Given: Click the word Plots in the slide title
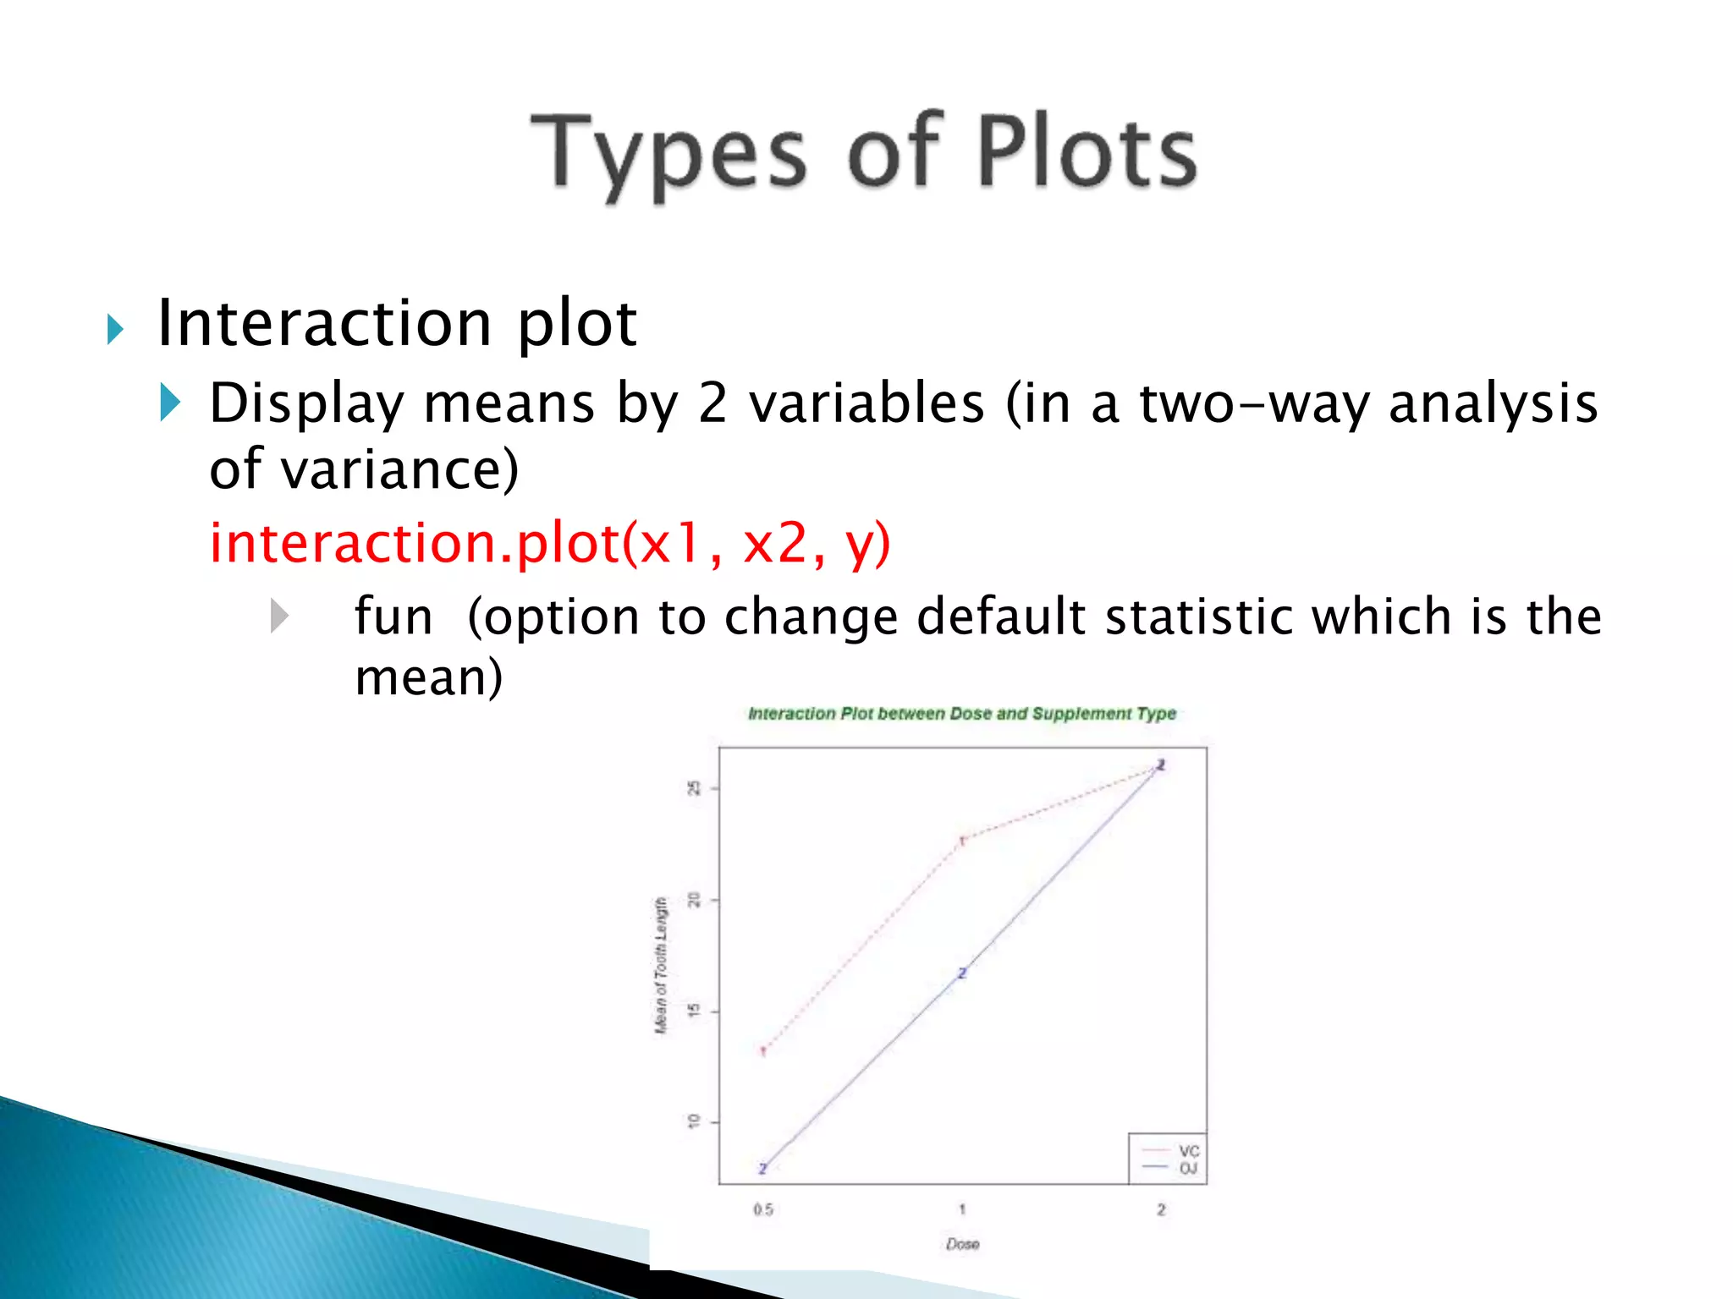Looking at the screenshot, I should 1087,152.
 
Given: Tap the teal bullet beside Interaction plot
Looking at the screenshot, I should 115,329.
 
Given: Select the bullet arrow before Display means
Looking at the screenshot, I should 170,402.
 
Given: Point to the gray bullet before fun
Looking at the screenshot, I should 279,616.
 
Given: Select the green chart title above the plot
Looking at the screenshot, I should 962,714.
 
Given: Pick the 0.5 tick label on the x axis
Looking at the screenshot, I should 763,1209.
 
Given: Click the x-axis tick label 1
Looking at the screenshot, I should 962,1209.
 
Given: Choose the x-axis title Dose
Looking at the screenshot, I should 963,1244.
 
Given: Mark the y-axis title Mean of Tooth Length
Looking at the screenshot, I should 661,965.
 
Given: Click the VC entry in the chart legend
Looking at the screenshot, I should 1188,1151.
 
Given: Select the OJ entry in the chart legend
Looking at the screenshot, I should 1188,1168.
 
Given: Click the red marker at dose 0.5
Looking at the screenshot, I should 763,1051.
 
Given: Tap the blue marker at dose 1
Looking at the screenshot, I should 962,973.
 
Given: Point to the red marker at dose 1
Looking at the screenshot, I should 962,841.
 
